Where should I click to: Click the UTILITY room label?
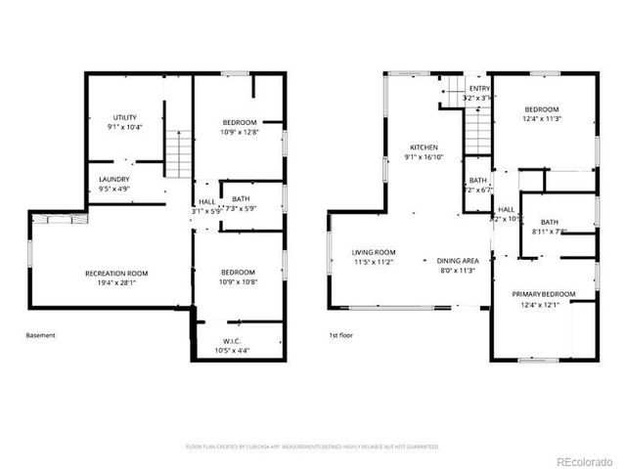(x=124, y=117)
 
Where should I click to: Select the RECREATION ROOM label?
(x=116, y=273)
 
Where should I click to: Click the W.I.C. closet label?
(x=231, y=341)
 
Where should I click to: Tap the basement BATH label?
(x=240, y=198)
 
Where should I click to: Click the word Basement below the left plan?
(x=41, y=335)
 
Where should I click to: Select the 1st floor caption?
(x=340, y=335)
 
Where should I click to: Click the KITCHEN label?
(x=424, y=147)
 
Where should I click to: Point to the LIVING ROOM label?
(x=374, y=252)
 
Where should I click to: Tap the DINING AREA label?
(x=457, y=261)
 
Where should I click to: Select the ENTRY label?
(x=479, y=88)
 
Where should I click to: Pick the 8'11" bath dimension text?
(x=549, y=232)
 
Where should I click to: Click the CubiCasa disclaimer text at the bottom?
(x=312, y=447)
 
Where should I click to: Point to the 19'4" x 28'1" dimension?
(x=116, y=282)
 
